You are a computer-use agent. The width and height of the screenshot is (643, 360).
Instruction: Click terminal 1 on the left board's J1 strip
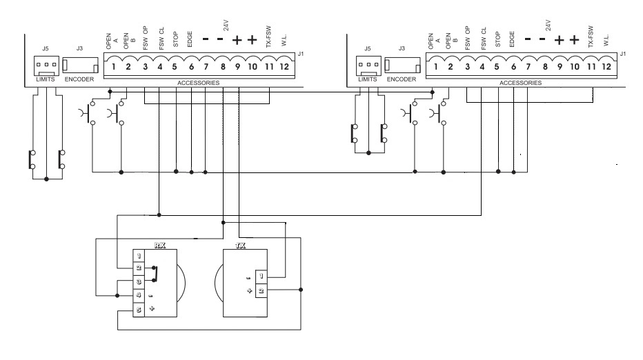(x=114, y=67)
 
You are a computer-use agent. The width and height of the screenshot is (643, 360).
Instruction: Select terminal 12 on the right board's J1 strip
(x=606, y=67)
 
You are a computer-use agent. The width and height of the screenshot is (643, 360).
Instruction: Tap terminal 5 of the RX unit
(x=139, y=310)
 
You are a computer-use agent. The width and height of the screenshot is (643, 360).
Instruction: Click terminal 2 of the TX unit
(x=261, y=291)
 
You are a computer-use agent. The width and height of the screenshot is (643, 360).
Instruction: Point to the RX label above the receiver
(x=160, y=246)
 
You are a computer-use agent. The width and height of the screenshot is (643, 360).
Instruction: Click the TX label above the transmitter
(x=240, y=246)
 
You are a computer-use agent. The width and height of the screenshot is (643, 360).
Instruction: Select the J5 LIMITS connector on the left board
(x=46, y=66)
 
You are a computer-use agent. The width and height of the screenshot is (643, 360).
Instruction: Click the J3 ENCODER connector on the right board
(x=402, y=66)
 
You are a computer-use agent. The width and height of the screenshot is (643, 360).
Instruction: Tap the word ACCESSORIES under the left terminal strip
(x=199, y=83)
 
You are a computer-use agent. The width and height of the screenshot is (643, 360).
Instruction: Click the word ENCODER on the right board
(x=402, y=79)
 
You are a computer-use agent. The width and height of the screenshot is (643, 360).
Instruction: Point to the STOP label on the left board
(x=175, y=39)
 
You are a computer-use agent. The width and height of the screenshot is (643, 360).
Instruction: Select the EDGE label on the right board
(x=512, y=39)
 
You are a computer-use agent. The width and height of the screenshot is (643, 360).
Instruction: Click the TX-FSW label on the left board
(x=268, y=37)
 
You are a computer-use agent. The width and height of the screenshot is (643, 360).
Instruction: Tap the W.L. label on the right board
(x=606, y=40)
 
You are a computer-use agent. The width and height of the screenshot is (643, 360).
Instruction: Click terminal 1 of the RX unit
(x=139, y=256)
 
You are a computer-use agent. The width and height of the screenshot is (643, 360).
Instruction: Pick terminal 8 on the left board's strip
(x=223, y=67)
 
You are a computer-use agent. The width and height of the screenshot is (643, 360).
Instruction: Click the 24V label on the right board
(x=548, y=26)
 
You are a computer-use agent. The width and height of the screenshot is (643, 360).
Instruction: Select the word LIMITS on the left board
(x=46, y=79)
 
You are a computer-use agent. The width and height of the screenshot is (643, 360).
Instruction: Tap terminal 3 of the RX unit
(x=139, y=281)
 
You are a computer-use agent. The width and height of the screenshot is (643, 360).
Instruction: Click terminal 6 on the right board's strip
(x=513, y=67)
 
